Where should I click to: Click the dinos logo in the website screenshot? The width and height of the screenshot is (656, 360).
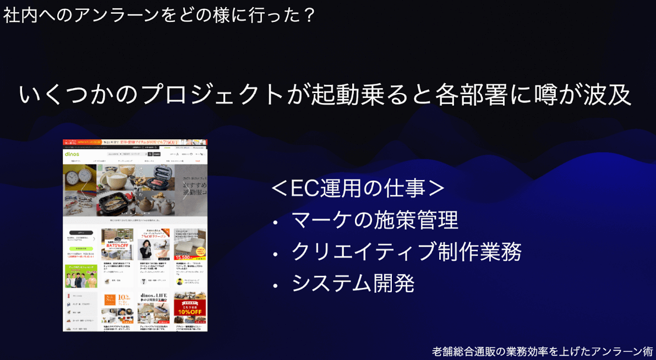[72, 155]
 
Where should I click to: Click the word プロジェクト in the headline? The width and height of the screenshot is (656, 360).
[212, 95]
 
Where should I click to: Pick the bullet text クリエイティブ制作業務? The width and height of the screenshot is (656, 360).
[406, 252]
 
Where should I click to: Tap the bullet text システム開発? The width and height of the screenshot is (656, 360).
[353, 283]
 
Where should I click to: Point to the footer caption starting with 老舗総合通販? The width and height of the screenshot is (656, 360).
[543, 351]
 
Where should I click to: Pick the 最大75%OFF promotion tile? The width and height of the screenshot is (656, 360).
[117, 244]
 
